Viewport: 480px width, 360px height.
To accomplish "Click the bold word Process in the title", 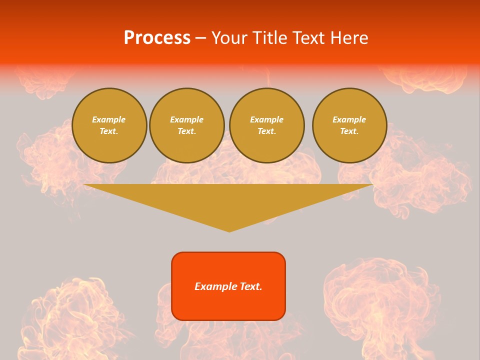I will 157,38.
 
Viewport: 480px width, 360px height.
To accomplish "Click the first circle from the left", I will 109,125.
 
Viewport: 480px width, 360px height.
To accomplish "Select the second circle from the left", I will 187,125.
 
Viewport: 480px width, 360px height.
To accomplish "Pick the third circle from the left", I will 266,125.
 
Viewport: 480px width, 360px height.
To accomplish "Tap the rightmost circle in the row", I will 349,125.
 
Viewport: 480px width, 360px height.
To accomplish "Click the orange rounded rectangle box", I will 228,286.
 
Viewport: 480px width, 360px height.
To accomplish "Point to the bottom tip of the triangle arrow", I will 229,231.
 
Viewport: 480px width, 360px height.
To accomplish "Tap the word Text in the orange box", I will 250,286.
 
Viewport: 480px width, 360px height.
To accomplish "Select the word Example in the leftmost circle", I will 109,119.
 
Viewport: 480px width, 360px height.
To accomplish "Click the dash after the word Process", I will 200,38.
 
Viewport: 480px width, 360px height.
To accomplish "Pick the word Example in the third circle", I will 266,119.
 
